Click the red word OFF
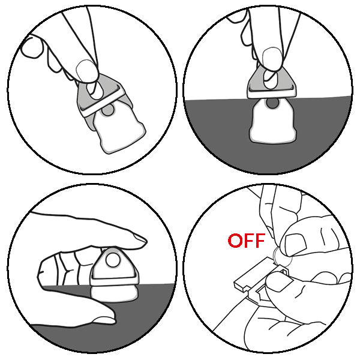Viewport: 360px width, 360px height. [247, 241]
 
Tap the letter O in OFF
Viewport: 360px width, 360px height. [235, 241]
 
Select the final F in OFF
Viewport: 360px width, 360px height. [260, 241]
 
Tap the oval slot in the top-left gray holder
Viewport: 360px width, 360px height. [94, 91]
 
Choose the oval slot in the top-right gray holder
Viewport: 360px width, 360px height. [271, 79]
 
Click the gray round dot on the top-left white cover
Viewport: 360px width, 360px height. [107, 110]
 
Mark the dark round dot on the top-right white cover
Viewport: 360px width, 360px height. [272, 103]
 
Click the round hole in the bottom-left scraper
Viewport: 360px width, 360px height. [113, 260]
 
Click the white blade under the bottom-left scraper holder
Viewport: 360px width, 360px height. [114, 293]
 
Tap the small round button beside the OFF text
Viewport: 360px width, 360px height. [283, 257]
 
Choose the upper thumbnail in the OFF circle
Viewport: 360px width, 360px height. [295, 245]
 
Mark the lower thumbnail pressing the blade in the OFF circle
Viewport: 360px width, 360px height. [278, 282]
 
